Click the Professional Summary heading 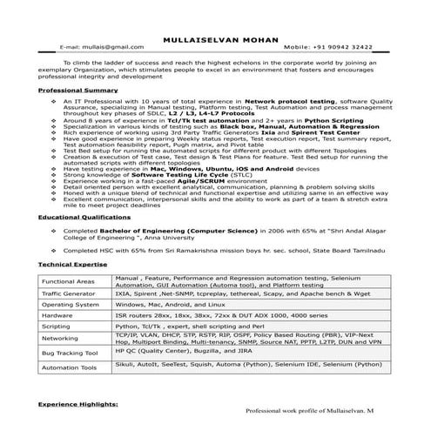coord(77,90)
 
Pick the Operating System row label coord(71,306)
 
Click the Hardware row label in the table coord(58,317)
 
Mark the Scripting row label coord(58,327)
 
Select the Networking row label coord(61,340)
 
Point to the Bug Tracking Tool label coord(70,354)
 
